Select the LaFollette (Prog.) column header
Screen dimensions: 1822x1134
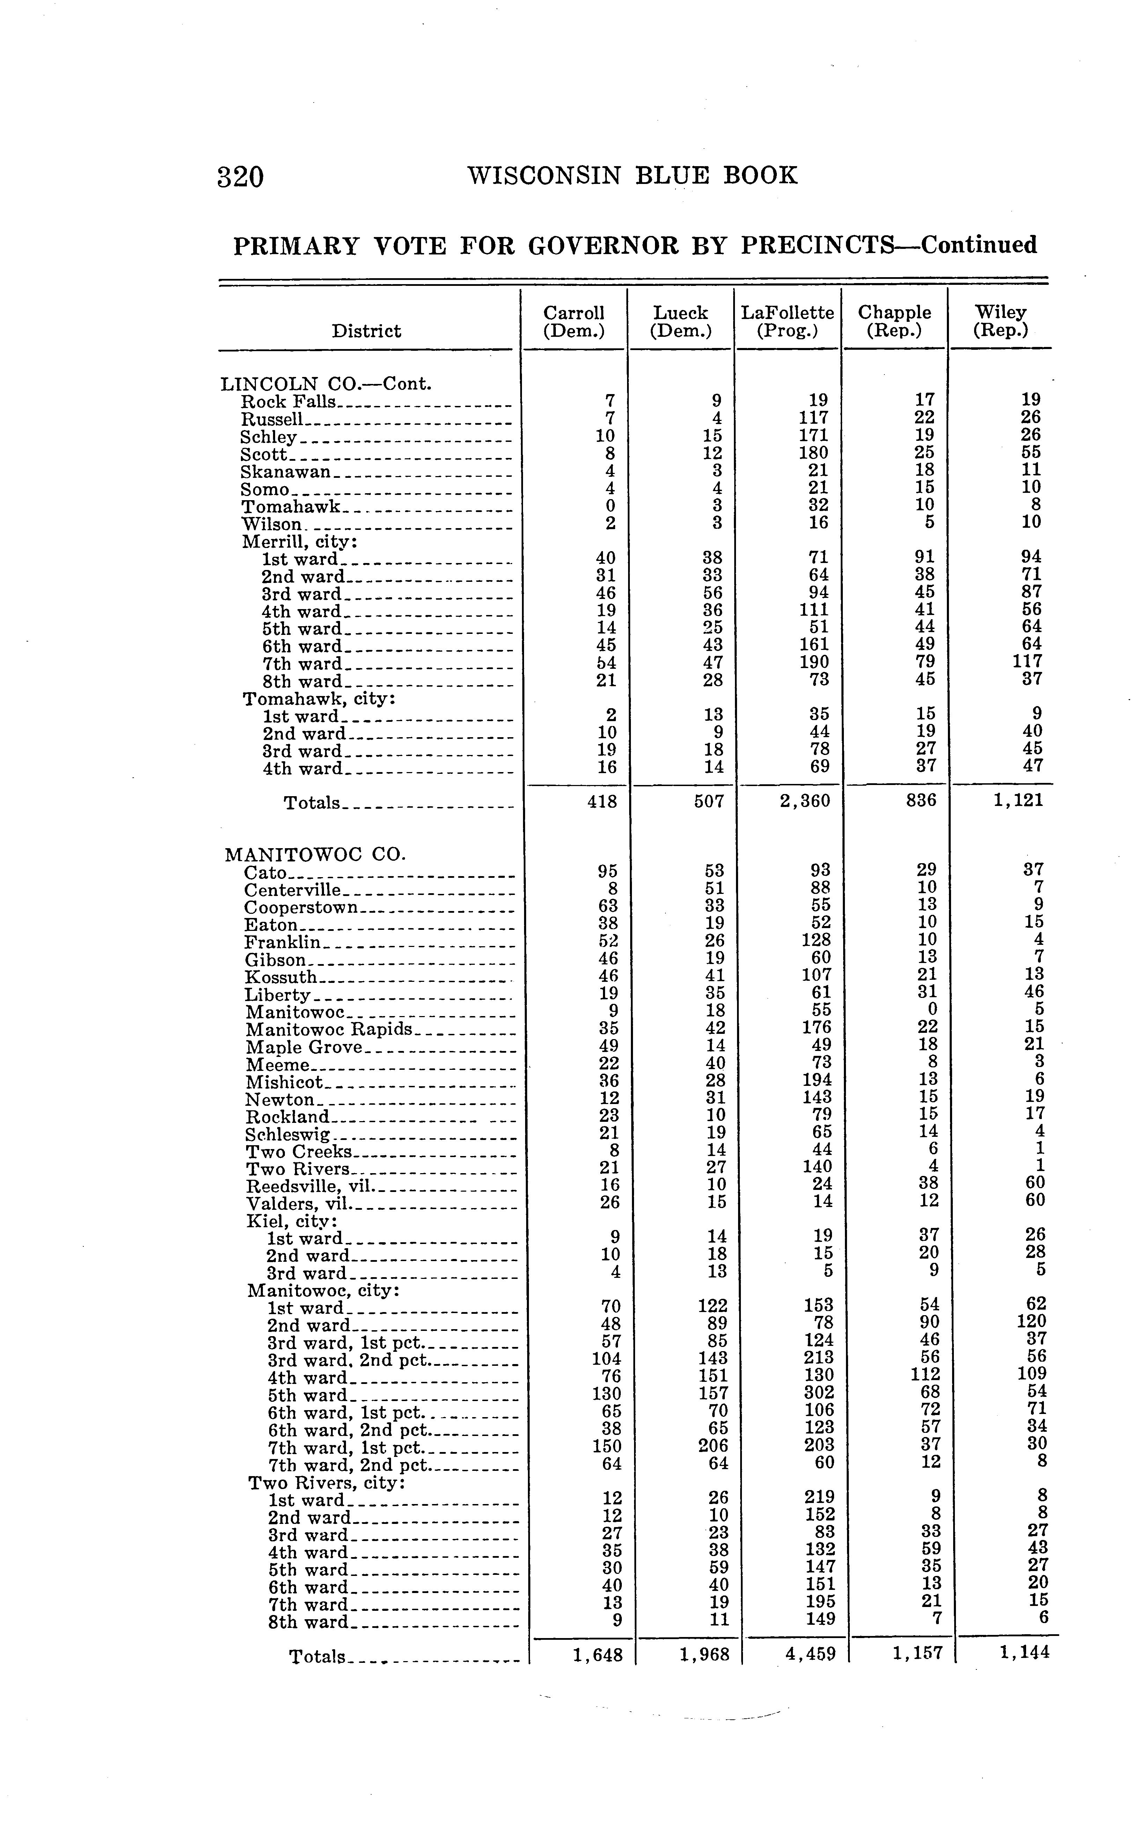coord(788,321)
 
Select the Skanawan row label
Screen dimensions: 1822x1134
coord(286,472)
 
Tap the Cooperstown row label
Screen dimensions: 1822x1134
coord(302,907)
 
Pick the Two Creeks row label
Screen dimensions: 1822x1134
coord(299,1151)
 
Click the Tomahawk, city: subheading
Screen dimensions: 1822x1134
coord(319,699)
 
